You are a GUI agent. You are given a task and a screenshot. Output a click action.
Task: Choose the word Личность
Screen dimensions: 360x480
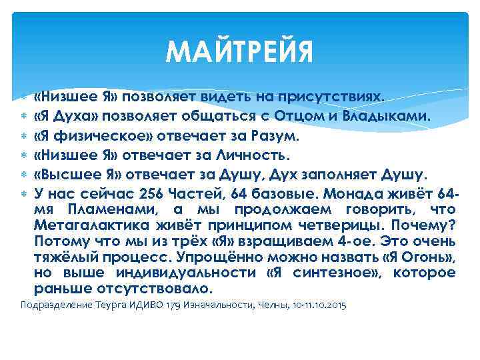pos(251,157)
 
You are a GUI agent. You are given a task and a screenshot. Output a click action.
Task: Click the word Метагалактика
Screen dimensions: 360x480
pos(90,224)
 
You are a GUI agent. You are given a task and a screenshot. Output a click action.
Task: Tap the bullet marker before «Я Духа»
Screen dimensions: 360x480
pos(24,117)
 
